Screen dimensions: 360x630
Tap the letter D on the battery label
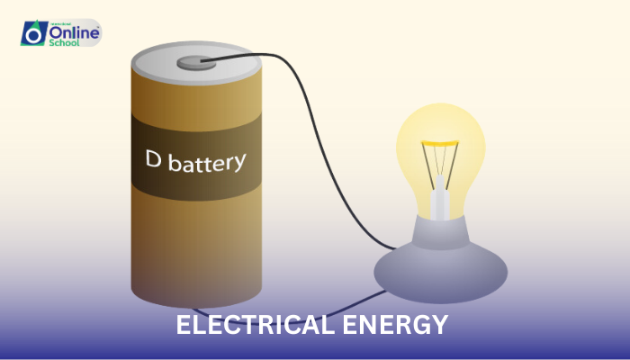[154, 159]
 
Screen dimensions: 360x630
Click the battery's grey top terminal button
[193, 62]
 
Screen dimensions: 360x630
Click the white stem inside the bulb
[439, 200]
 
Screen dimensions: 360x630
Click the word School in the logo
[65, 42]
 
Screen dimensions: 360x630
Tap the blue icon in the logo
[33, 33]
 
